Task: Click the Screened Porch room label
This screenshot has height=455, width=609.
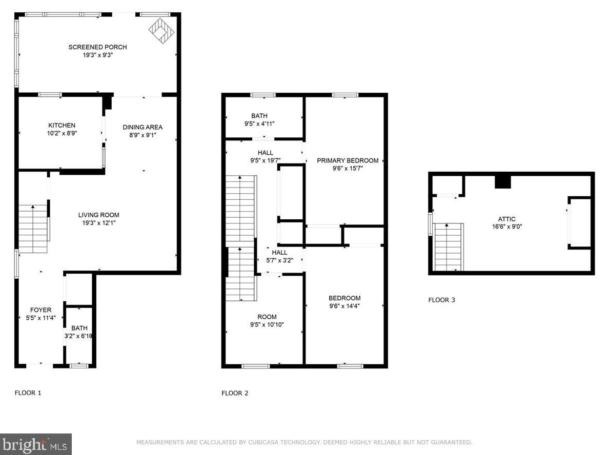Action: pyautogui.click(x=97, y=47)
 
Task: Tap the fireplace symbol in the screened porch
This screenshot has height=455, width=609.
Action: pyautogui.click(x=161, y=31)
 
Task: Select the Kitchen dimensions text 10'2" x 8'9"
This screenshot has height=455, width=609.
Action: pyautogui.click(x=62, y=133)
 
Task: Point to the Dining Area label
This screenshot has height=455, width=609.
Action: pyautogui.click(x=143, y=127)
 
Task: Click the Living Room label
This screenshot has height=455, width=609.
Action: pyautogui.click(x=98, y=215)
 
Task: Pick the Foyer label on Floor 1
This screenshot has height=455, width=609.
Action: pyautogui.click(x=41, y=310)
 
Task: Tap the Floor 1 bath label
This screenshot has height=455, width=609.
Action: pyautogui.click(x=79, y=328)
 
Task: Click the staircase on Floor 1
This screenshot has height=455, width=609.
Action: pyautogui.click(x=33, y=229)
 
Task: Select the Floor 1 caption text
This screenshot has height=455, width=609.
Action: pyautogui.click(x=28, y=392)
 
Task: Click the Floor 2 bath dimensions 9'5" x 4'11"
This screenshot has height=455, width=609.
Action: pyautogui.click(x=259, y=124)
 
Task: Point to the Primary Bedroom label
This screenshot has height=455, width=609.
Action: pyautogui.click(x=348, y=160)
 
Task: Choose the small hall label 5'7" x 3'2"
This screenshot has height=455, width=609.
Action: pyautogui.click(x=280, y=260)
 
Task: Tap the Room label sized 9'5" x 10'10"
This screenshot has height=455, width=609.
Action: pyautogui.click(x=267, y=317)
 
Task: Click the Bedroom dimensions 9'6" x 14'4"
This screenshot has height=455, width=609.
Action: pyautogui.click(x=344, y=306)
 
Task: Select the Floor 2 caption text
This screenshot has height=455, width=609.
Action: pyautogui.click(x=235, y=393)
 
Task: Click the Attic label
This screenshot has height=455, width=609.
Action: pyautogui.click(x=507, y=219)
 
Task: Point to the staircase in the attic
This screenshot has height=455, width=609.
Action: pyautogui.click(x=448, y=247)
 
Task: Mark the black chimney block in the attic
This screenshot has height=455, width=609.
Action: pyautogui.click(x=502, y=182)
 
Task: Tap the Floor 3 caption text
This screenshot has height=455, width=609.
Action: pyautogui.click(x=441, y=300)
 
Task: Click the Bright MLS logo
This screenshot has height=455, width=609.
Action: pyautogui.click(x=36, y=444)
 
